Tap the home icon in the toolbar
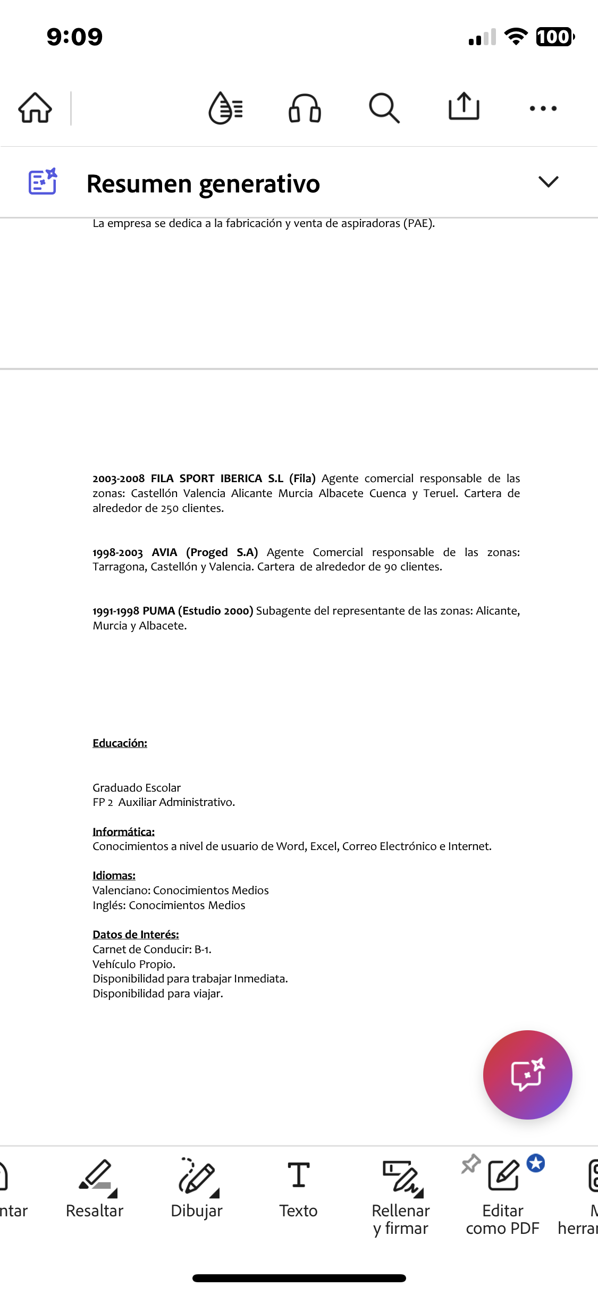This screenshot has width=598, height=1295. (35, 108)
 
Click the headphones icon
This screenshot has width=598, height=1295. (305, 108)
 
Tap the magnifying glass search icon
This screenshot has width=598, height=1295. (384, 108)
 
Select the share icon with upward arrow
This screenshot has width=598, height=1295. (464, 107)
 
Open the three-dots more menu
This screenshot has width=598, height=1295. (543, 108)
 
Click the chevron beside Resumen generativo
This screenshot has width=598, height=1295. (548, 182)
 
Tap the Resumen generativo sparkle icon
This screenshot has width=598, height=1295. (43, 182)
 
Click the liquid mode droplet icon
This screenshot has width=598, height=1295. (225, 108)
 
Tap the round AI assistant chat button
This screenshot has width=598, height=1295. (527, 1074)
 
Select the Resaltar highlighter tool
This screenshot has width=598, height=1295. (95, 1189)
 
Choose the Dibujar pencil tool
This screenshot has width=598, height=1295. (197, 1189)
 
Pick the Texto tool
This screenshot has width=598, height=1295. (298, 1189)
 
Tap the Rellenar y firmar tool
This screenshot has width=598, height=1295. (401, 1196)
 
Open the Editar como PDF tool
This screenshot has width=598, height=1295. (503, 1196)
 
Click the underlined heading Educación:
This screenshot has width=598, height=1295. (120, 743)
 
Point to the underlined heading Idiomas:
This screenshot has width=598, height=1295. (114, 876)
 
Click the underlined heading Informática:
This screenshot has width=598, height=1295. (123, 832)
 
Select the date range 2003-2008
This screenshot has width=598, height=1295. (119, 479)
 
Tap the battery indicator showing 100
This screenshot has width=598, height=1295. (554, 37)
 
